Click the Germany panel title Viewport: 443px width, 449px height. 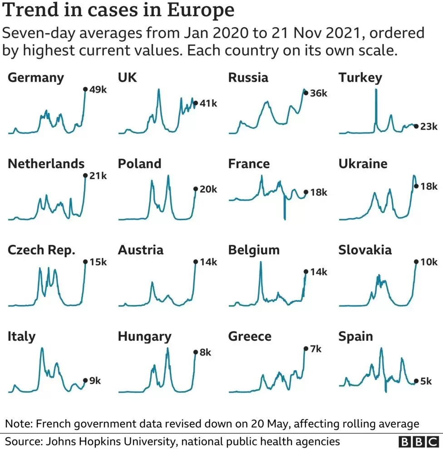click(36, 78)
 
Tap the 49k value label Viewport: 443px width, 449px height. click(98, 90)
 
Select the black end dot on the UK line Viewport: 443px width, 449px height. click(196, 103)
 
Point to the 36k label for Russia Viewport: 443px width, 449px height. click(319, 93)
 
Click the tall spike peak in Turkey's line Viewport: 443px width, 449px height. click(376, 90)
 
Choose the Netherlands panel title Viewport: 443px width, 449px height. click(46, 164)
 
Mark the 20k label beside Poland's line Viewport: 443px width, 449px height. click(208, 189)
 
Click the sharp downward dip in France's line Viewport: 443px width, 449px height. click(285, 219)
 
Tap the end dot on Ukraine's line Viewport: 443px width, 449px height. click(416, 186)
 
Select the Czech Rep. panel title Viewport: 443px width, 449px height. click(42, 250)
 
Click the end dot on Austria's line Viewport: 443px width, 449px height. click(196, 262)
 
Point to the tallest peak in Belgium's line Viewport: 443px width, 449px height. click(261, 262)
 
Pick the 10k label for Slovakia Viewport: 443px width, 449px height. click(429, 262)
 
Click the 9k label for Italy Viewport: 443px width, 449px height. click(95, 381)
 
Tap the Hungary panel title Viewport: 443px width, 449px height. click(145, 337)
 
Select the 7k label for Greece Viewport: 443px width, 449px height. click(315, 349)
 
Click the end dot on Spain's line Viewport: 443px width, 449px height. click(416, 381)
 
